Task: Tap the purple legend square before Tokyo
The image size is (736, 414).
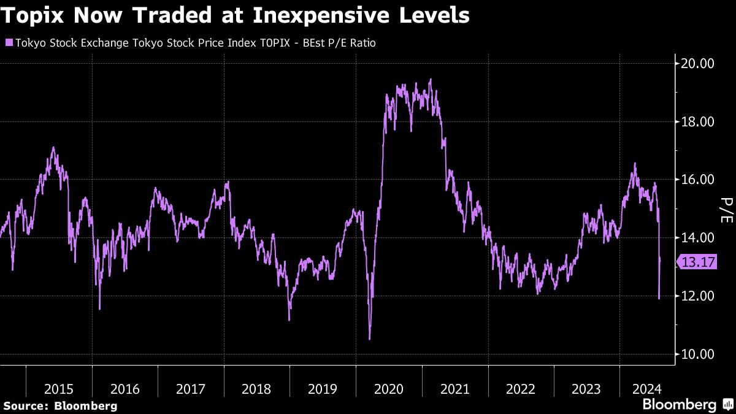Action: click(x=8, y=43)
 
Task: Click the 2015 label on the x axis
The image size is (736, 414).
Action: click(x=59, y=389)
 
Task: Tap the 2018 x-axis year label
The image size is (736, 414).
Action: click(x=256, y=389)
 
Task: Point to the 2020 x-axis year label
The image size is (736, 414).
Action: click(x=388, y=389)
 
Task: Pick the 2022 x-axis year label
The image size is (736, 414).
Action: click(x=520, y=389)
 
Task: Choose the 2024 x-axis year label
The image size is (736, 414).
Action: click(x=647, y=389)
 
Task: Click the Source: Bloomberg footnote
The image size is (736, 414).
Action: click(x=60, y=405)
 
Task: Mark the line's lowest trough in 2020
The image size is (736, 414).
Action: click(x=369, y=338)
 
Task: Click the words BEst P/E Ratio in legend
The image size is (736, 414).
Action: click(x=341, y=43)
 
